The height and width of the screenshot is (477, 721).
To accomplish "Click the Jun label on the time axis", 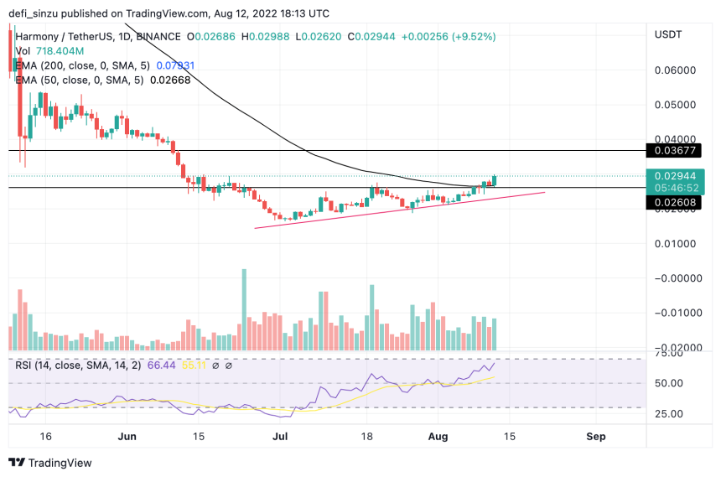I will pyautogui.click(x=127, y=437).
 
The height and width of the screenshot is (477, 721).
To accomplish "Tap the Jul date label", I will pyautogui.click(x=281, y=437).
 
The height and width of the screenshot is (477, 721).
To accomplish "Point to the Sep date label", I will pyautogui.click(x=596, y=437).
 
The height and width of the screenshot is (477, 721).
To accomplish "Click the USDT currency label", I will pyautogui.click(x=667, y=34).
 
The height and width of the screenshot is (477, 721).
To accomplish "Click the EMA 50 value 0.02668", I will pyautogui.click(x=171, y=80).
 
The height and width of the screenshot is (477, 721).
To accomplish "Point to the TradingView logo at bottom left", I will pyautogui.click(x=49, y=463).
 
